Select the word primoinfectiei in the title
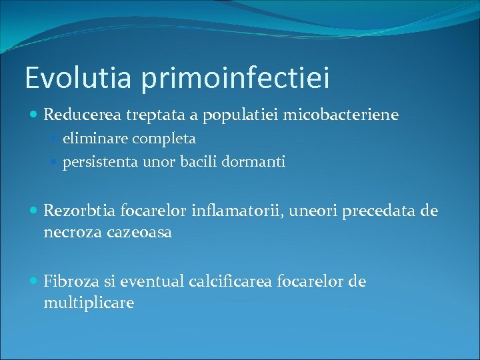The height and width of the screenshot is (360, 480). (234, 79)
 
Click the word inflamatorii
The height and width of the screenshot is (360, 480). (231, 211)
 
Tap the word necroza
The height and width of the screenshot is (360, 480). (69, 233)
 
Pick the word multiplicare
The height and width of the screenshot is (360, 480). (89, 303)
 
